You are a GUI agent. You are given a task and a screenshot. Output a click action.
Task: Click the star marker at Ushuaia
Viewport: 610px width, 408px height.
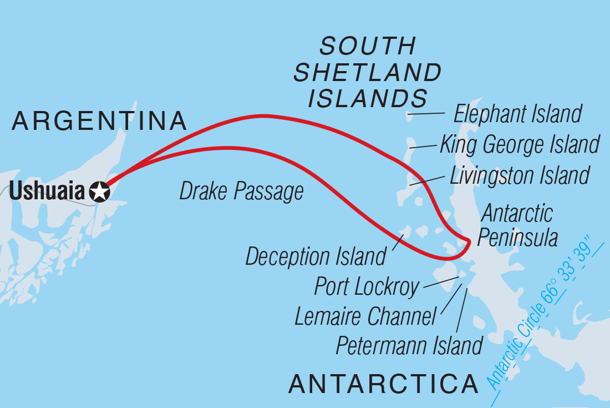point(100,192)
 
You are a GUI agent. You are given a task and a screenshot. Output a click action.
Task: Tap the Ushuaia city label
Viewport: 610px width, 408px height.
point(48,192)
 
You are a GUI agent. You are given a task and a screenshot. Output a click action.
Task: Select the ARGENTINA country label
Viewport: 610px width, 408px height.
point(99,121)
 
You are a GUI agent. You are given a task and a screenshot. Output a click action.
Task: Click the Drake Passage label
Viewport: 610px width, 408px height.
point(241,192)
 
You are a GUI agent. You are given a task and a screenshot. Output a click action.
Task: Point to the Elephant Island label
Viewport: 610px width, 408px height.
point(517,114)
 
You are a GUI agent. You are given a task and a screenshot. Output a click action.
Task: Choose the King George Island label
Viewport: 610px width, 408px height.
point(520,145)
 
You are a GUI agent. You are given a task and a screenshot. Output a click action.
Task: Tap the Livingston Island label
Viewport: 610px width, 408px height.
point(519,175)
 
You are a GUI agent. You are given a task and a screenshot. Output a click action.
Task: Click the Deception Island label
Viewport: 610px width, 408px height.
point(316,257)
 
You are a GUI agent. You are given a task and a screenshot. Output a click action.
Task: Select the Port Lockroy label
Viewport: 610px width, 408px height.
point(367,287)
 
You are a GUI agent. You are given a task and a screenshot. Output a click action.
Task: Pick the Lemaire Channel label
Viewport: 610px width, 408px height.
point(365,317)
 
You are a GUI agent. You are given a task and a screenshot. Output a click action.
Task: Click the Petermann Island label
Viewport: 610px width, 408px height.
point(409,346)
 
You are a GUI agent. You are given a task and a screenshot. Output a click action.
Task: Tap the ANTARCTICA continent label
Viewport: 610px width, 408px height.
point(384,384)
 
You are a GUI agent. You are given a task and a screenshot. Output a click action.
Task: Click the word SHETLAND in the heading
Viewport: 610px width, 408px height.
point(368,73)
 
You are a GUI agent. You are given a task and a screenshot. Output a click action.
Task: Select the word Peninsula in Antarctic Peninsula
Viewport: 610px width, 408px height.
point(517,238)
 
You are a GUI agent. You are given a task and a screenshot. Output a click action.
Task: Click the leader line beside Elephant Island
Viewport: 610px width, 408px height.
point(427,114)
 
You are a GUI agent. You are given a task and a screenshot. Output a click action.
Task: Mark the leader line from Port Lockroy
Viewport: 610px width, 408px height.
point(441,282)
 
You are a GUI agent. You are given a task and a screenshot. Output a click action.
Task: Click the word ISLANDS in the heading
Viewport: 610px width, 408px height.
point(368,98)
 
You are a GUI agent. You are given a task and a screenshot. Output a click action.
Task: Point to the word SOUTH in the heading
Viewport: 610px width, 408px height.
point(368,47)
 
